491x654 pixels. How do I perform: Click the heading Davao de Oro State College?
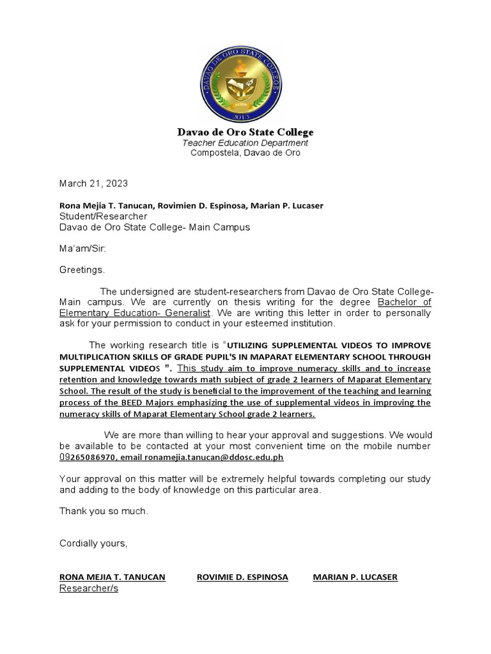(x=245, y=132)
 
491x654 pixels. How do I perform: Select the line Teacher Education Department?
(x=245, y=143)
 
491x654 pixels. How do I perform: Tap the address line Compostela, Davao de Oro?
(x=245, y=153)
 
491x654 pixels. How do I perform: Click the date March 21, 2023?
(x=93, y=183)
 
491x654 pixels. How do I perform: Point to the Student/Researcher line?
(x=103, y=216)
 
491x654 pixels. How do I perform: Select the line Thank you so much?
(x=104, y=511)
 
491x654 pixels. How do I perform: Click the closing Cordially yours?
(x=93, y=544)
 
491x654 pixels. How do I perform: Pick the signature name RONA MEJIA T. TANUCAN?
(x=112, y=577)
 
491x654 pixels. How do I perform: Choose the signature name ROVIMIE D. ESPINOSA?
(x=242, y=577)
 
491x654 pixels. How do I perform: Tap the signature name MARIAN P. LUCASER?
(x=355, y=577)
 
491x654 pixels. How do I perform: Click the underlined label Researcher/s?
(x=89, y=588)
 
